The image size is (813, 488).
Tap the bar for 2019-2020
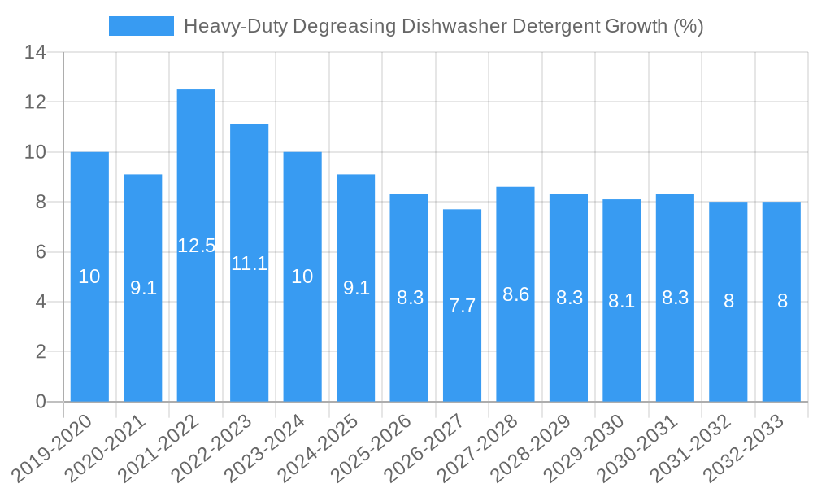pyautogui.click(x=89, y=277)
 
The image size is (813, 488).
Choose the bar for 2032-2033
pyautogui.click(x=782, y=302)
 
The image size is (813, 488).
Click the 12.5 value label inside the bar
pyautogui.click(x=196, y=246)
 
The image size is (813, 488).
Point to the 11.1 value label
pyautogui.click(x=249, y=264)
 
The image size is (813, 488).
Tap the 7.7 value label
pyautogui.click(x=462, y=307)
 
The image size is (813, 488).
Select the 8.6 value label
pyautogui.click(x=515, y=294)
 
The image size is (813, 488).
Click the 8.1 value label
pyautogui.click(x=622, y=301)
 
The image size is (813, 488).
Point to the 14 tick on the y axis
pyautogui.click(x=35, y=53)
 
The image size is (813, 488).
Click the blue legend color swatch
pyautogui.click(x=141, y=26)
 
